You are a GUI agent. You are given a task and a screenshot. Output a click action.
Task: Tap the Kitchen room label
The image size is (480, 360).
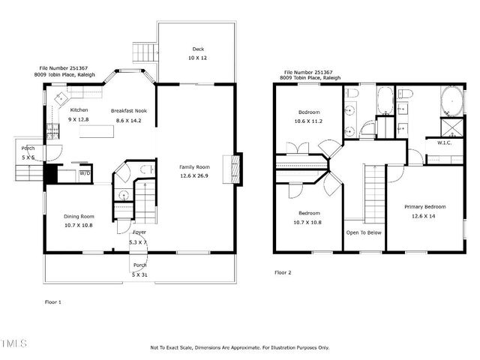[79, 110]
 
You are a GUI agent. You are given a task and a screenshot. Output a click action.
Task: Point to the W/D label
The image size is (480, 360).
[85, 173]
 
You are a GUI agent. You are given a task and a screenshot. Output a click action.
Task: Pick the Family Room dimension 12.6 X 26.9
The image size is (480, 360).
[193, 175]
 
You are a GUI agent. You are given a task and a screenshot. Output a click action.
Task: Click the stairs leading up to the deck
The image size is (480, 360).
[143, 52]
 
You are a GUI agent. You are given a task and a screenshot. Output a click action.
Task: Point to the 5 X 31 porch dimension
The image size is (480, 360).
[139, 274]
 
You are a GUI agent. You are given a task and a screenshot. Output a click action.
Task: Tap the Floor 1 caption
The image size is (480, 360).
[54, 301]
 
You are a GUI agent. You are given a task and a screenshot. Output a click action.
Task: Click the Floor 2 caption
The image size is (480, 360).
[283, 272]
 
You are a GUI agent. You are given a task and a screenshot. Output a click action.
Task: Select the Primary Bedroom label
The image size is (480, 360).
[424, 207]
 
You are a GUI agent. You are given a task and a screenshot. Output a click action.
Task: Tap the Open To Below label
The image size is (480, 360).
[364, 232]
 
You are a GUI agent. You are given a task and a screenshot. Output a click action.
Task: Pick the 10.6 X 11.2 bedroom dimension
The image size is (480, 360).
[308, 121]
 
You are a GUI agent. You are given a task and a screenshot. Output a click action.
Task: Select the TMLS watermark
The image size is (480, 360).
[13, 344]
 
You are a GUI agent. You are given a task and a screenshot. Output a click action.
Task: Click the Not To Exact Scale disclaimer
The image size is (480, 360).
[240, 347]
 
